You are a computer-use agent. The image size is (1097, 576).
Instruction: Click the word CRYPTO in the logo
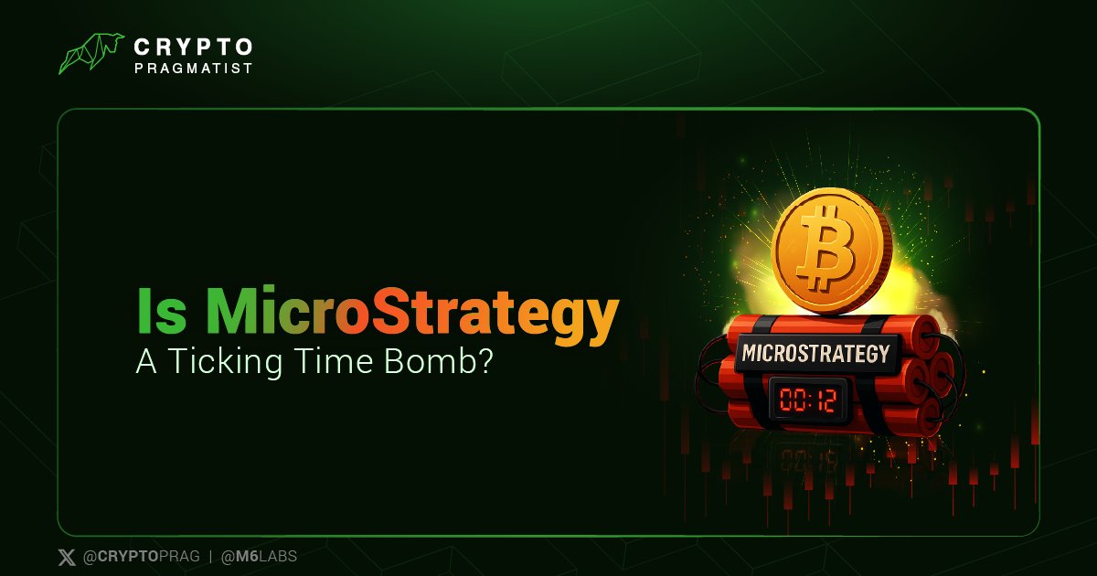[192, 46]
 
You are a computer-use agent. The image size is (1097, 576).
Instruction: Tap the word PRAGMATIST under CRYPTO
[192, 67]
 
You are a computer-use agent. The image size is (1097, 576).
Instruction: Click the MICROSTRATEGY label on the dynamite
[815, 353]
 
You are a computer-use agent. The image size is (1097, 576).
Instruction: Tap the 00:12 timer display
[807, 399]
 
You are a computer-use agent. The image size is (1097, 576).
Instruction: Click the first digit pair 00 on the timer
[792, 399]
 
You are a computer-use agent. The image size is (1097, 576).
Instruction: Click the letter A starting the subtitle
[145, 361]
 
